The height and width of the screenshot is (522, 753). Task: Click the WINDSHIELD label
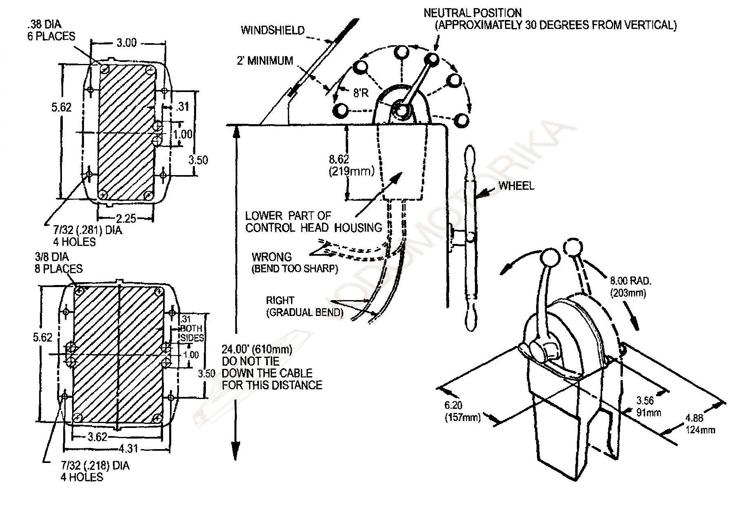tap(272, 30)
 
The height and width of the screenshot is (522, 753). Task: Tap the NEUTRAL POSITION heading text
tap(473, 13)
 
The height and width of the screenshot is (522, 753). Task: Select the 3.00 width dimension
tap(127, 43)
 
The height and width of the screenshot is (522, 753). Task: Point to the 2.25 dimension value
tap(126, 219)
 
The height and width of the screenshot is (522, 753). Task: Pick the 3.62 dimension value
tap(97, 437)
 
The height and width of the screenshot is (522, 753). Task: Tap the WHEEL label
tap(516, 186)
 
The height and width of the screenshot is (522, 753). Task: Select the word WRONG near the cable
tap(272, 257)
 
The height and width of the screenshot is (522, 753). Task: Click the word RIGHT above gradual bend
tap(280, 300)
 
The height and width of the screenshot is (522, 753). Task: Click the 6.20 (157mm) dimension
tap(462, 411)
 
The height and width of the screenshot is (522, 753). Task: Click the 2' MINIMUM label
tap(265, 61)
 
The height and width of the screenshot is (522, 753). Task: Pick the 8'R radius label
tap(360, 93)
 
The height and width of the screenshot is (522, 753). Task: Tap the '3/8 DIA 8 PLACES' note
tap(58, 263)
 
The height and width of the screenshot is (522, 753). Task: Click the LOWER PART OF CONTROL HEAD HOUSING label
tap(313, 222)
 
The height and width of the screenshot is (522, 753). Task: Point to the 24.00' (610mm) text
tap(257, 349)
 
